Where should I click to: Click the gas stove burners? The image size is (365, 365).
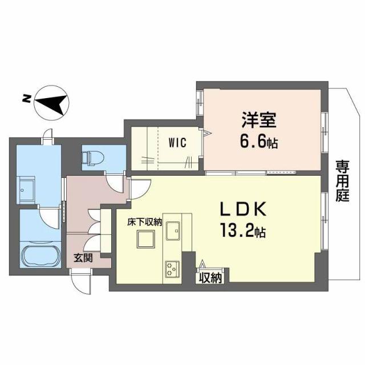[172, 268]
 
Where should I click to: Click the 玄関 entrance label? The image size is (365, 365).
[81, 258]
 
